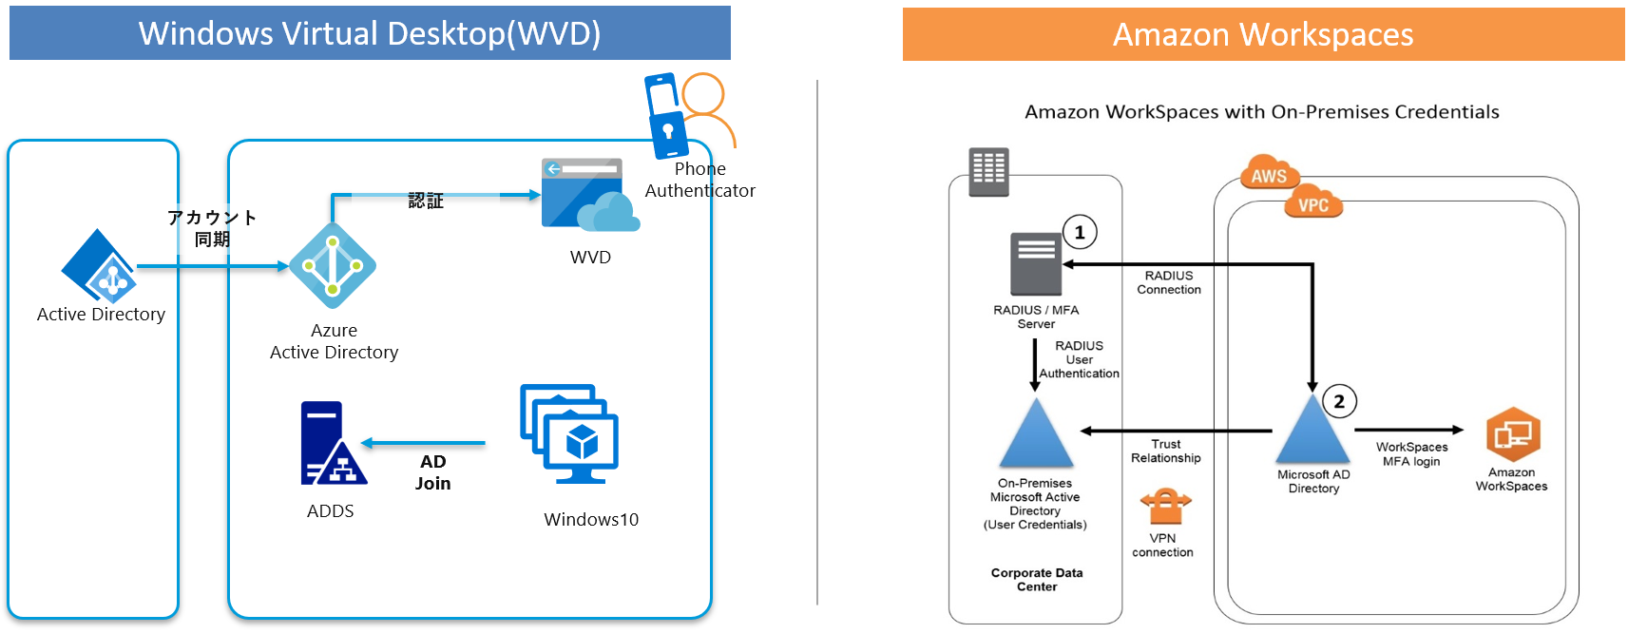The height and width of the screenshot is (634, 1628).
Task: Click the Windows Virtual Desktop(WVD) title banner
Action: pyautogui.click(x=370, y=33)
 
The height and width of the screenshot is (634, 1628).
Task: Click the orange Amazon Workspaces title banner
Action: pyautogui.click(x=1263, y=35)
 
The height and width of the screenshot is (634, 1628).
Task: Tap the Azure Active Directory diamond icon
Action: pyautogui.click(x=333, y=265)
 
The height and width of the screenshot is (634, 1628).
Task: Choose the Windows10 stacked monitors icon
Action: pyautogui.click(x=570, y=433)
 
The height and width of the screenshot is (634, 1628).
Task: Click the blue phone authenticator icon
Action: pyautogui.click(x=667, y=115)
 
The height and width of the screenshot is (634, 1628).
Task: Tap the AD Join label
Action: pyautogui.click(x=432, y=472)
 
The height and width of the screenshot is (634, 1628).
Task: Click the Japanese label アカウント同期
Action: pyautogui.click(x=212, y=228)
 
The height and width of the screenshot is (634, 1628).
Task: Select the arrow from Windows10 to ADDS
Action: pyautogui.click(x=424, y=443)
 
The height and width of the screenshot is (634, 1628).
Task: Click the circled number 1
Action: pyautogui.click(x=1080, y=232)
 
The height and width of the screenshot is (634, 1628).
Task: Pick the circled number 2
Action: pyautogui.click(x=1339, y=401)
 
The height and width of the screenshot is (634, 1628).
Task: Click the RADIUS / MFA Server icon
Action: pyautogui.click(x=1036, y=263)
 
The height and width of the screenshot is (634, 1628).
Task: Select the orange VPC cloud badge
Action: pyautogui.click(x=1313, y=203)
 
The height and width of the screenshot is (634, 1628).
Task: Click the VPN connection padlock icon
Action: pyautogui.click(x=1165, y=507)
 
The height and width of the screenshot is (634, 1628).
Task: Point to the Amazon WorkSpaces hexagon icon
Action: pyautogui.click(x=1512, y=434)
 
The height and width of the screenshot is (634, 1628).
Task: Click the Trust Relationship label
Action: pyautogui.click(x=1166, y=451)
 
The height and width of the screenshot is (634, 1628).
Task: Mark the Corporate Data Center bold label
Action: pyautogui.click(x=1037, y=580)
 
